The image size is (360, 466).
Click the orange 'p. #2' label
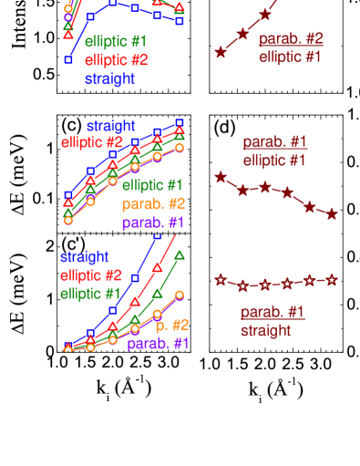(x=171, y=325)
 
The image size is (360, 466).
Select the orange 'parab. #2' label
(x=153, y=203)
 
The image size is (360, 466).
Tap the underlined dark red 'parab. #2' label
(x=290, y=39)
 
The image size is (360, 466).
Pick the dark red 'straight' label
(x=265, y=331)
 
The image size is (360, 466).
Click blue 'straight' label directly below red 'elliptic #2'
(x=110, y=79)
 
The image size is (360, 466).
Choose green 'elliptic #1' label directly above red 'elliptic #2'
(x=116, y=42)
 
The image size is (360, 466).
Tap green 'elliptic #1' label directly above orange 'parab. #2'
(x=152, y=185)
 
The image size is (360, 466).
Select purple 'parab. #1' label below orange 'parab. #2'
(x=153, y=223)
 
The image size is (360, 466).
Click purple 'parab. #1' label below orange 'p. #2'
(x=158, y=344)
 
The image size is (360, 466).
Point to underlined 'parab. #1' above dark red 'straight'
(x=272, y=313)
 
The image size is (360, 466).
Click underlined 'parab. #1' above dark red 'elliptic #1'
(x=274, y=142)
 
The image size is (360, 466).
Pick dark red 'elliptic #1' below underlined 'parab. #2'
(x=290, y=57)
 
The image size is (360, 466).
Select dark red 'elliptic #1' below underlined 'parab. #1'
(x=274, y=161)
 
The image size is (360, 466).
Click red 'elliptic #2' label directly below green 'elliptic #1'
(x=116, y=60)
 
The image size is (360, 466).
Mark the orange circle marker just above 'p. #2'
(x=180, y=295)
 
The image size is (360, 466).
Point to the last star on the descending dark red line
(x=332, y=213)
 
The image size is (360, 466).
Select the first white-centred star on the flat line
(x=220, y=280)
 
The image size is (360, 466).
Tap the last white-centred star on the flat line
(x=332, y=279)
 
